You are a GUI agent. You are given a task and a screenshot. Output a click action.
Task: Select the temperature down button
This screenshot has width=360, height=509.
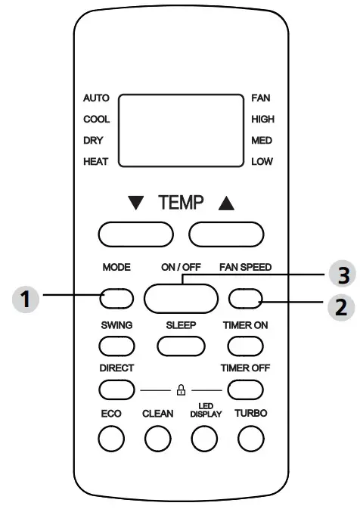133,235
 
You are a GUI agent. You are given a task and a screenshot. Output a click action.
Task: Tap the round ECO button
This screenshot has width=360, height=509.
110,437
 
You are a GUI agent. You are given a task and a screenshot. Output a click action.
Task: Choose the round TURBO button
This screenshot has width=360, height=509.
250,437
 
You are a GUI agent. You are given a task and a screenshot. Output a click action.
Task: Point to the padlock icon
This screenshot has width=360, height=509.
180,390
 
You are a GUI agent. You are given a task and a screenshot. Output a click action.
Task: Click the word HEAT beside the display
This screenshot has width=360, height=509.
97,162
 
